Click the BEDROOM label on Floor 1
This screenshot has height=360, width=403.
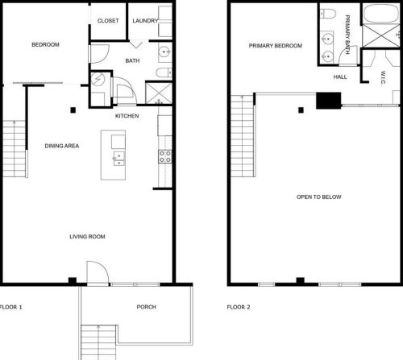click(46, 45)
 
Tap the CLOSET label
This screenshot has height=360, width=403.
click(108, 21)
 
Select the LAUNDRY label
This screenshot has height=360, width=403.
click(145, 21)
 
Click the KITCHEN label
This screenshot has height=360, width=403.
click(127, 116)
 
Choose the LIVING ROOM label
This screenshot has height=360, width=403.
click(87, 237)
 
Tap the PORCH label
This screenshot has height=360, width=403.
click(147, 308)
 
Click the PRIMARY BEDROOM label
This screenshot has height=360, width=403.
click(275, 46)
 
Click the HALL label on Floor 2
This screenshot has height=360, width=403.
click(340, 77)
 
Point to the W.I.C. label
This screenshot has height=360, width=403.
click(384, 77)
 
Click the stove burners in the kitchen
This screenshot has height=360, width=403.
click(164, 155)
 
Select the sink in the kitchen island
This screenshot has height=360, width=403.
click(118, 157)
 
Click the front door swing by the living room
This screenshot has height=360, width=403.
click(96, 272)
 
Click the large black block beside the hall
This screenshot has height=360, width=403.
click(328, 100)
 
